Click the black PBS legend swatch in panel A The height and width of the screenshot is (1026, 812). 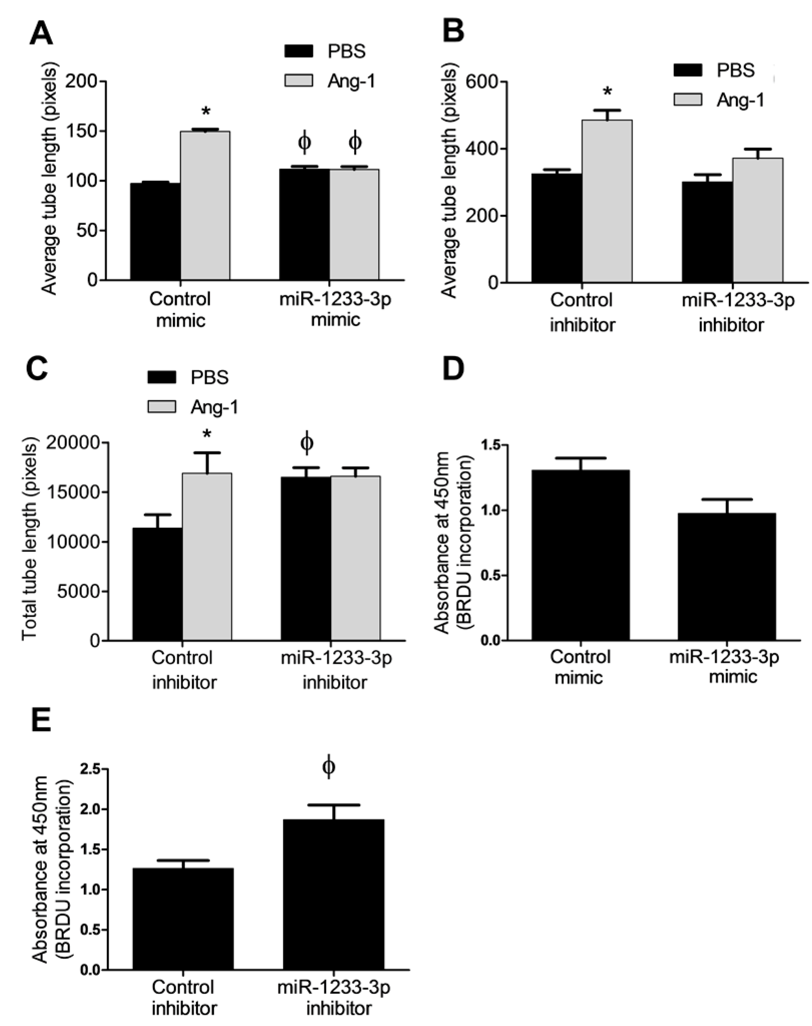[x=298, y=51]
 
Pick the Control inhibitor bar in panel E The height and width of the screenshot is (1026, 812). [x=183, y=918]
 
